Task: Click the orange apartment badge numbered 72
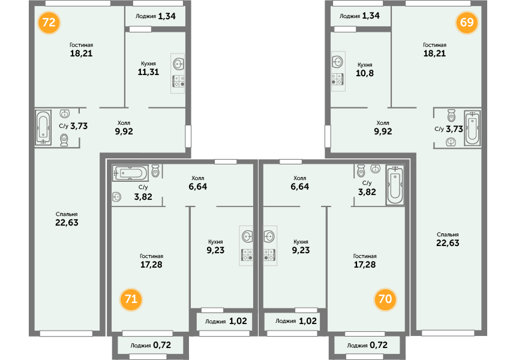pyautogui.click(x=49, y=23)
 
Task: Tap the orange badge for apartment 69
pyautogui.click(x=467, y=22)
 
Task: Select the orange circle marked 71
pyautogui.click(x=131, y=299)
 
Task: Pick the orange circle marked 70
pyautogui.click(x=385, y=299)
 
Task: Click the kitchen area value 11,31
pyautogui.click(x=148, y=72)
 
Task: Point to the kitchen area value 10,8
pyautogui.click(x=365, y=73)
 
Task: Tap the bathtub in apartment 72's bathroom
pyautogui.click(x=43, y=128)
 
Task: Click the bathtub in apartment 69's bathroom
pyautogui.click(x=472, y=128)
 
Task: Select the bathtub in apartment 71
pyautogui.click(x=130, y=173)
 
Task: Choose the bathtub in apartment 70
pyautogui.click(x=395, y=185)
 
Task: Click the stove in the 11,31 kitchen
pyautogui.click(x=178, y=81)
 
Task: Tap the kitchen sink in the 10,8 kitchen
pyautogui.click(x=338, y=62)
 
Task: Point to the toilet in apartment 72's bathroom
pyautogui.click(x=64, y=140)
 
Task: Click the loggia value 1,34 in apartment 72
pyautogui.click(x=167, y=16)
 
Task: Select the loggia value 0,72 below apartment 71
pyautogui.click(x=162, y=345)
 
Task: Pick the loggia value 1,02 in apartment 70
pyautogui.click(x=308, y=321)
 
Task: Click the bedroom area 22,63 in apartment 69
pyautogui.click(x=448, y=243)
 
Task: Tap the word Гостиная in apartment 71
pyautogui.click(x=151, y=256)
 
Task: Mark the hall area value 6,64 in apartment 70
pyautogui.click(x=299, y=187)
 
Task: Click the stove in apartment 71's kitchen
pyautogui.click(x=247, y=255)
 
